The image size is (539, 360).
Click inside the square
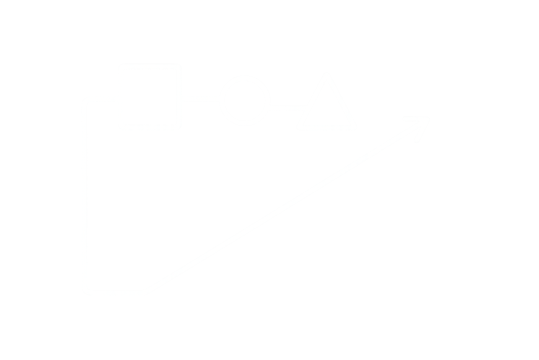coord(150,97)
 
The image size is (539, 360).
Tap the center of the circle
coord(245,100)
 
